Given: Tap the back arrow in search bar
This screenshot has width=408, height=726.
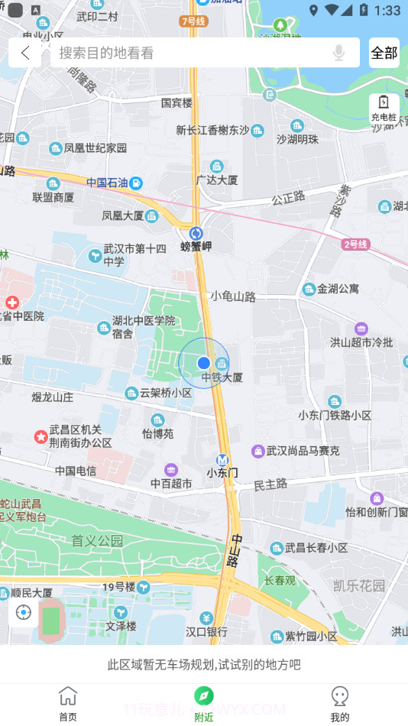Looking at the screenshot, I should (26, 53).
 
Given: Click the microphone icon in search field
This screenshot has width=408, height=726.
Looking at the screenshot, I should (338, 53).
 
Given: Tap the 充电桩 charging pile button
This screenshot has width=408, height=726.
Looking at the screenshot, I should (384, 108).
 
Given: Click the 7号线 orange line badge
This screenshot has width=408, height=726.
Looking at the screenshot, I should (194, 21).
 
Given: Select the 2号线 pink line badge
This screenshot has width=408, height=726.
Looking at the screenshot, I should (356, 245).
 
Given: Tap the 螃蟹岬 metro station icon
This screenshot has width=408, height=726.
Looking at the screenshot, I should (196, 233).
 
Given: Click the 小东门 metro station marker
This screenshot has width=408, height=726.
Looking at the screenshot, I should (222, 460).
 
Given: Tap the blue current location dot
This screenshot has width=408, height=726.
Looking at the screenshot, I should (203, 362).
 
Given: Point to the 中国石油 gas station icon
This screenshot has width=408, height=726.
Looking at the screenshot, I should (135, 183).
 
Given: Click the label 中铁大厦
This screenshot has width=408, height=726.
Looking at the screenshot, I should (222, 378).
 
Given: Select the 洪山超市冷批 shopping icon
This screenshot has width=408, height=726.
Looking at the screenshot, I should (361, 329).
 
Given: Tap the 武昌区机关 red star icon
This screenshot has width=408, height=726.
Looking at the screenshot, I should (40, 436).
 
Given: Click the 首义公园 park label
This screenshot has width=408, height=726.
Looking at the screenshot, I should (97, 541).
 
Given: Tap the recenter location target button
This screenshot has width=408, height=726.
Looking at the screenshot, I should (24, 613).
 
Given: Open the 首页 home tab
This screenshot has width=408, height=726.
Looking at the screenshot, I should (68, 702).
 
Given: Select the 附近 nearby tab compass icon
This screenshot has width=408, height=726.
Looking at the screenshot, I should (203, 695).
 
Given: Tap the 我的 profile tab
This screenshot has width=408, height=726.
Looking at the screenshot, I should (339, 702).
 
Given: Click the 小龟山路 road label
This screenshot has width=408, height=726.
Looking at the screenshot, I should (233, 296).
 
